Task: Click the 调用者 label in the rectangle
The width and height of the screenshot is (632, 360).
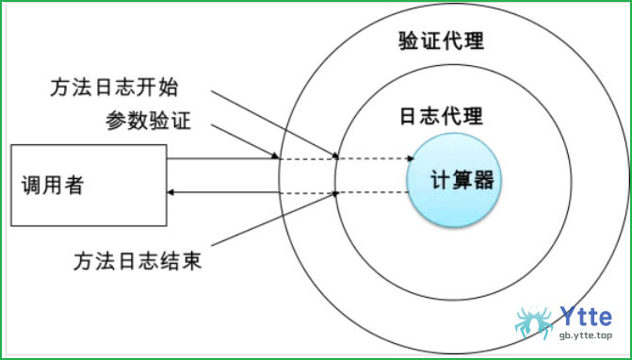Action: click(x=53, y=185)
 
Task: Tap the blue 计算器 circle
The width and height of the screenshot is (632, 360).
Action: click(x=454, y=180)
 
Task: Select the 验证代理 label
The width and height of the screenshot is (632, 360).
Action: click(x=442, y=41)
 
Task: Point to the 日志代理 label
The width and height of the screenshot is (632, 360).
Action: click(x=442, y=116)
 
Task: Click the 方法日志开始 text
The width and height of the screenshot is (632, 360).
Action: click(x=114, y=88)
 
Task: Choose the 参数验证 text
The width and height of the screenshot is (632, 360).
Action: click(x=148, y=121)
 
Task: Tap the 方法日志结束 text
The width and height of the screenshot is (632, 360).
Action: click(x=138, y=260)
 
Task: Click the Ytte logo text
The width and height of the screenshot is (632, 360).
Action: click(x=585, y=317)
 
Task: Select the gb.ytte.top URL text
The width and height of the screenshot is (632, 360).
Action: click(x=585, y=335)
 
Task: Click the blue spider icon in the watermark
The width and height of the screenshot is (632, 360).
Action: click(x=535, y=322)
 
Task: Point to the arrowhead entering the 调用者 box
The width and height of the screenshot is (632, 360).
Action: click(x=170, y=192)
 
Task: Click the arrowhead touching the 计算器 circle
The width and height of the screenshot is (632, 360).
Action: click(x=411, y=158)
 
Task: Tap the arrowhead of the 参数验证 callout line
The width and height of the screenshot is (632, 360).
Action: click(x=276, y=156)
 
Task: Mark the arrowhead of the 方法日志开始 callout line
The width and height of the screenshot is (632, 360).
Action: click(x=335, y=155)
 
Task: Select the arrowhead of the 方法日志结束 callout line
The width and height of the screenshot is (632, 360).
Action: click(x=335, y=194)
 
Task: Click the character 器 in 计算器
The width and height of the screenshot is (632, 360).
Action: click(x=483, y=180)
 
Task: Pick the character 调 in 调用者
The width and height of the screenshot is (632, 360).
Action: click(x=31, y=185)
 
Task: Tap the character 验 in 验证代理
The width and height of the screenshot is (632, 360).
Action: click(x=409, y=41)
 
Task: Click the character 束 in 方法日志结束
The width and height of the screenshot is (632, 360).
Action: click(x=191, y=260)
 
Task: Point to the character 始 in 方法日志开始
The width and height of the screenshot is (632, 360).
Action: click(x=168, y=88)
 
